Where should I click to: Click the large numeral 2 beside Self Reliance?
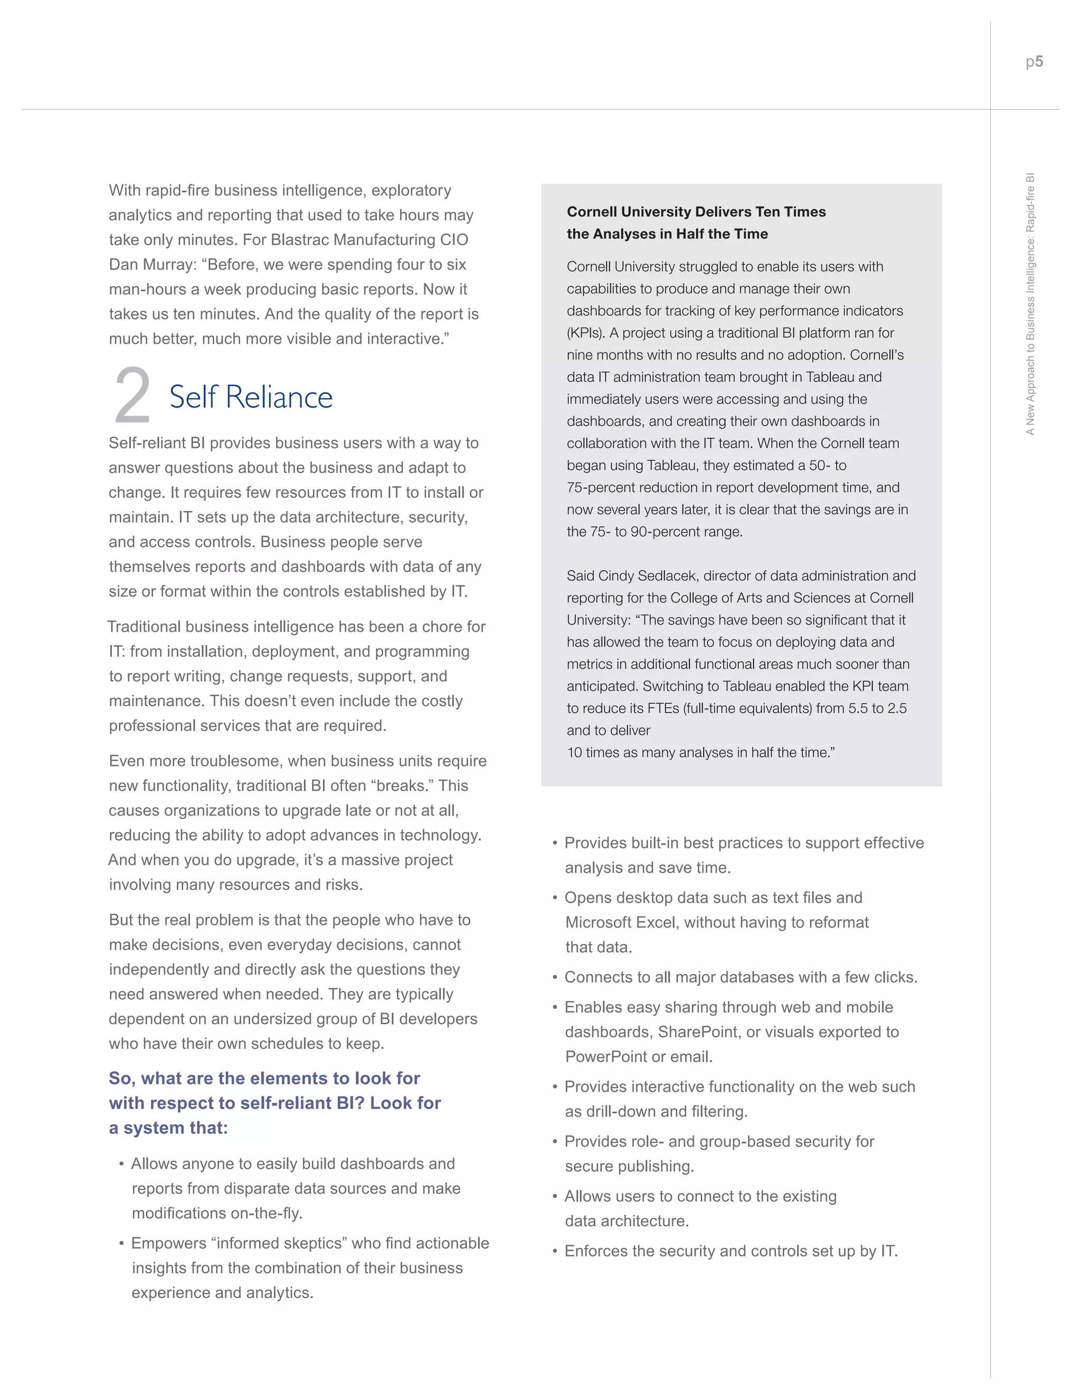[x=132, y=396]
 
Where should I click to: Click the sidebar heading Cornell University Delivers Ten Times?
[x=696, y=212]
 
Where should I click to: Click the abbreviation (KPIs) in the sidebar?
[x=585, y=333]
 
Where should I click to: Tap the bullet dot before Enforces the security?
[x=555, y=1252]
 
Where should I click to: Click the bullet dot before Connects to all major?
[x=555, y=978]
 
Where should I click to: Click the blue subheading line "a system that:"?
[x=168, y=1128]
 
